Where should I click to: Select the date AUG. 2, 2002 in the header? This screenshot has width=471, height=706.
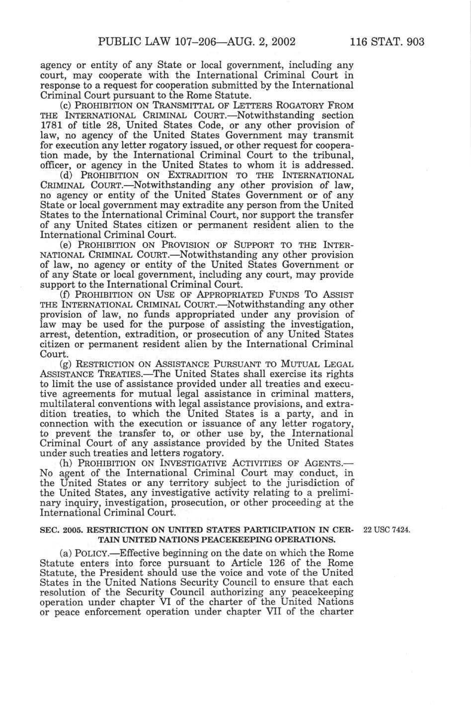coord(254,42)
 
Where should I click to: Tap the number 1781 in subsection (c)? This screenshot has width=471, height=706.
coord(49,125)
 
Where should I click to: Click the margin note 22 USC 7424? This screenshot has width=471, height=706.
coord(387,530)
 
